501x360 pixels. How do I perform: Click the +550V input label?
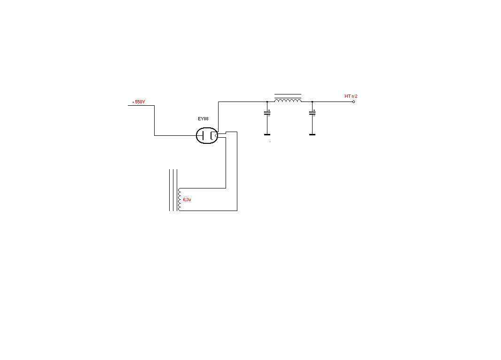[x=138, y=102]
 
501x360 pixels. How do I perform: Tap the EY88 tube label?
[x=203, y=119]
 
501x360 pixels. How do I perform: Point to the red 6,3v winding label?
[x=187, y=200]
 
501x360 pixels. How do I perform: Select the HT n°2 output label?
[x=351, y=96]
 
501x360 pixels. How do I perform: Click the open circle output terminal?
[x=353, y=102]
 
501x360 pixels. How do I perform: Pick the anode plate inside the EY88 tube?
[x=203, y=136]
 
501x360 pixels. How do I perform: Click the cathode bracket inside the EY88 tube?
[x=211, y=136]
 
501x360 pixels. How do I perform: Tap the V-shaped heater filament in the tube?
[x=216, y=136]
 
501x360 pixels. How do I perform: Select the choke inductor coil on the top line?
[x=288, y=101]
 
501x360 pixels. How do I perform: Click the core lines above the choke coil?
[x=288, y=96]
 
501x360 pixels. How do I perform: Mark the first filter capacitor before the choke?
[x=267, y=113]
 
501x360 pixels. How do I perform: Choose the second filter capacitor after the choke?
[x=312, y=113]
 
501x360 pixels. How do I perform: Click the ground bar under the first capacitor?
[x=267, y=135]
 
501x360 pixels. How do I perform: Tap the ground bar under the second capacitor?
[x=312, y=135]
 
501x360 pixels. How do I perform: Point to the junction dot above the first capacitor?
[x=267, y=102]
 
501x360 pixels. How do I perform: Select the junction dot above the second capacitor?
[x=312, y=102]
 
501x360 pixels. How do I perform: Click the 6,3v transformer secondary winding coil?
[x=179, y=200]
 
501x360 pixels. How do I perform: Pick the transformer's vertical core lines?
[x=173, y=190]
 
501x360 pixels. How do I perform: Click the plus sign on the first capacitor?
[x=269, y=110]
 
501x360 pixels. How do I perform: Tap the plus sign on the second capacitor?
[x=314, y=110]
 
